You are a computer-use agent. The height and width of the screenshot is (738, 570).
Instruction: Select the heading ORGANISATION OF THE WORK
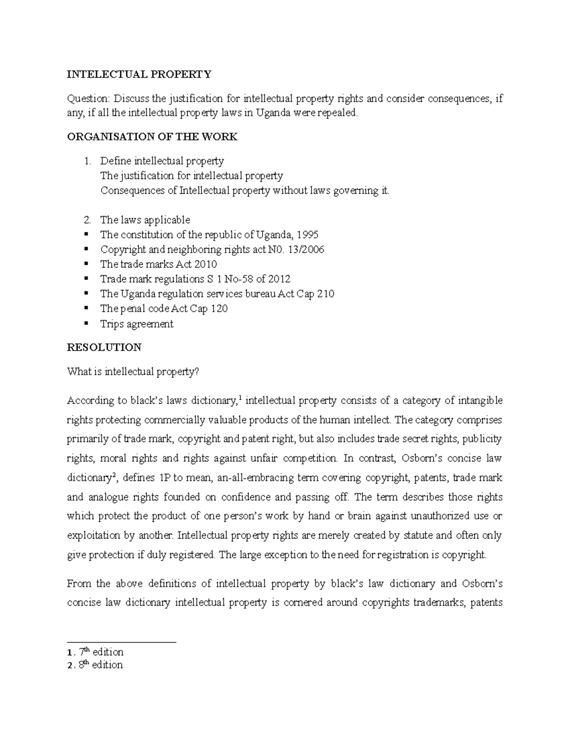152,137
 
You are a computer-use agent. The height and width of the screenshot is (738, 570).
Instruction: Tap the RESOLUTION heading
104,347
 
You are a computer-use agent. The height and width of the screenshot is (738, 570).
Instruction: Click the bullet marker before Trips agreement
85,324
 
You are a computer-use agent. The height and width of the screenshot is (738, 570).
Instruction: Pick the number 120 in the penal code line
219,308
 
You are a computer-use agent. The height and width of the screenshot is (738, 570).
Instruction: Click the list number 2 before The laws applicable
86,220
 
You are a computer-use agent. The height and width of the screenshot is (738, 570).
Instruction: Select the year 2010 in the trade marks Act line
209,264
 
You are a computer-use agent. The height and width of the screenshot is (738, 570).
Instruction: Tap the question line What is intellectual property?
132,372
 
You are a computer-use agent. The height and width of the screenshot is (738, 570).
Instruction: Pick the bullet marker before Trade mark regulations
85,279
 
